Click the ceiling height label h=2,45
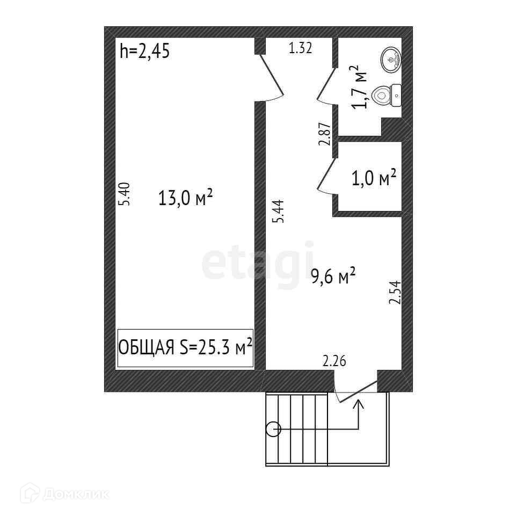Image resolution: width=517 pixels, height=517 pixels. point(145,52)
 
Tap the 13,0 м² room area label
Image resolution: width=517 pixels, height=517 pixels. point(186,199)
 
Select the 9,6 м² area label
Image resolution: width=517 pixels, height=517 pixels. point(333,276)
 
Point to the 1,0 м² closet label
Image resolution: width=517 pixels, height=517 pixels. point(374,178)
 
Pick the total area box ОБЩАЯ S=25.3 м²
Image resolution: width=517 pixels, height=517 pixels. point(185,348)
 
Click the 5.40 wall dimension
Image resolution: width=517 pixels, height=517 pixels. point(124,194)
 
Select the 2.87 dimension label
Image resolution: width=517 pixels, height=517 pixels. point(324,135)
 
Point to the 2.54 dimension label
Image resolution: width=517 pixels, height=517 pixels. point(395,293)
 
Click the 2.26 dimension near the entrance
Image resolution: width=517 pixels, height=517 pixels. point(334,361)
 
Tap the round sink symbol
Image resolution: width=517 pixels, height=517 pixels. point(391,59)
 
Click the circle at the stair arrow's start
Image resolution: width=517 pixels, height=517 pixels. point(273,429)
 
